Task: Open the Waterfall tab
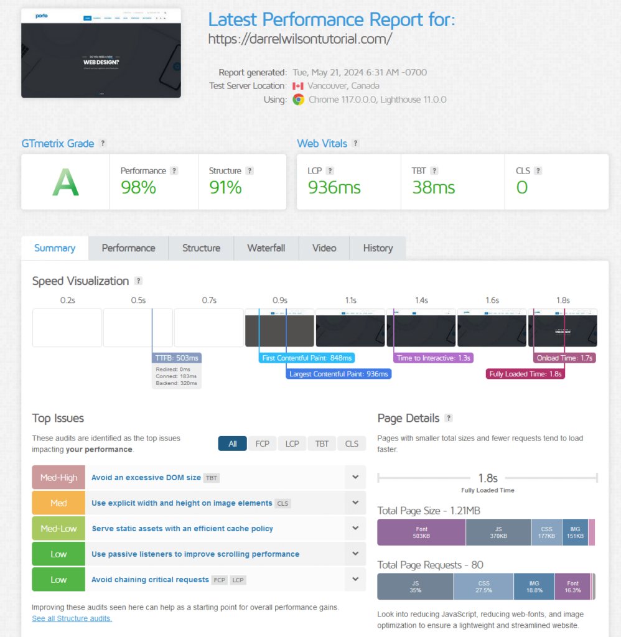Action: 266,248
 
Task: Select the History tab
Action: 378,248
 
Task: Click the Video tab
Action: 324,248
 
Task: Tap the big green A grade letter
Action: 65,182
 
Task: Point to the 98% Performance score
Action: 138,187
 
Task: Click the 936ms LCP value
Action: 334,187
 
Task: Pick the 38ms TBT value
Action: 434,187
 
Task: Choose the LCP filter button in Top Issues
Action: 292,444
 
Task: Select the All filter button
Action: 233,444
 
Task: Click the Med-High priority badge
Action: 58,478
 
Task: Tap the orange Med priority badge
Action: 58,503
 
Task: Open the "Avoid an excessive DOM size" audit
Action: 146,478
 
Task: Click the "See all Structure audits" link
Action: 72,618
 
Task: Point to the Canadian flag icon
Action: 297,86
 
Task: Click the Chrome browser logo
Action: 298,100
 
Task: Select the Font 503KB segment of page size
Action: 421,532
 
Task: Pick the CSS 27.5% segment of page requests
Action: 483,587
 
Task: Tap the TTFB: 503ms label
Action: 177,358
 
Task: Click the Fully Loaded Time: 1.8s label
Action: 526,374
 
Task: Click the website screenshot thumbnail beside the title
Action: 101,53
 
